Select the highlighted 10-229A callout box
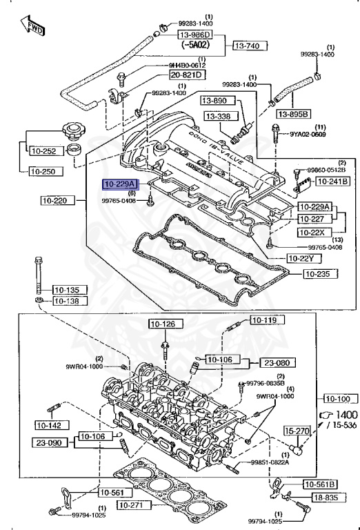tap(120, 184)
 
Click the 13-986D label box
tap(194, 35)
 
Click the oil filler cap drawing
tap(71, 133)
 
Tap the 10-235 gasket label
tap(322, 274)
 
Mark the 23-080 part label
tap(274, 362)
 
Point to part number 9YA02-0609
tap(307, 135)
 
